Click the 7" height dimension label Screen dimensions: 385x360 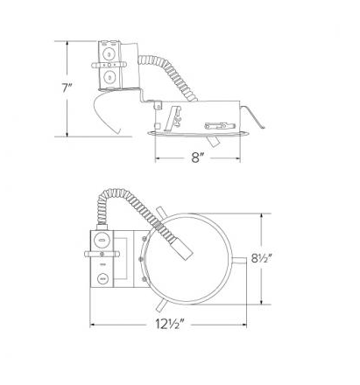point(67,87)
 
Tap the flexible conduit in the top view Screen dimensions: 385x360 point(131,206)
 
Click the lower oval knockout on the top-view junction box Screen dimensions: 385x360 point(103,279)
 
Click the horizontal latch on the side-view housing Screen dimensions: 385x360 point(216,122)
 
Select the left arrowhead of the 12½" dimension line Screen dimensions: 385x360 point(92,323)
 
